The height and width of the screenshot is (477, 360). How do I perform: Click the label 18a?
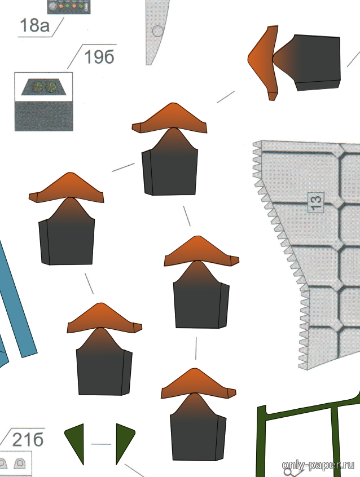pos(34,25)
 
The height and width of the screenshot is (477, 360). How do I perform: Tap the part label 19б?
pos(99,57)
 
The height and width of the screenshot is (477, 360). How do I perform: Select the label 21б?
pos(28,440)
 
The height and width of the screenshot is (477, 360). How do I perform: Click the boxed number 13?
pos(316,201)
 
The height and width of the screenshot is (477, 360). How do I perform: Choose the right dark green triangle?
pos(124,440)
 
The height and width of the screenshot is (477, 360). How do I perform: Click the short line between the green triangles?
pos(101,444)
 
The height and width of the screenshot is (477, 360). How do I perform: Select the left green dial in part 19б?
pos(37,86)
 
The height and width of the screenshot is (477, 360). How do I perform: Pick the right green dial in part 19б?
pos(50,86)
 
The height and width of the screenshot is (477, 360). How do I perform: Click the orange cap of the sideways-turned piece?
pos(262,59)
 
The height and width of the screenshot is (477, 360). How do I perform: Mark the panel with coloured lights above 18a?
pos(68,6)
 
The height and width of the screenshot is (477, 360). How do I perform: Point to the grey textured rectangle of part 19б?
pos(43,116)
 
